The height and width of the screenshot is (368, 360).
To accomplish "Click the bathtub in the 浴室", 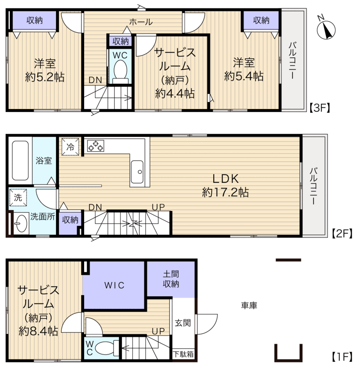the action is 20,161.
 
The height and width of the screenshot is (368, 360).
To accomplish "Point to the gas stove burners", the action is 96,146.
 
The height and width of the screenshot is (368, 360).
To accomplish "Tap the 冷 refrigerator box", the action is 70,147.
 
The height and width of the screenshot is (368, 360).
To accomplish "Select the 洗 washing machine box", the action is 18,197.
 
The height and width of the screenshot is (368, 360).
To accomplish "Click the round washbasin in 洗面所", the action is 21,224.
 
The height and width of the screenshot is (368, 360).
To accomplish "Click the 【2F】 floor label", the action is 342,234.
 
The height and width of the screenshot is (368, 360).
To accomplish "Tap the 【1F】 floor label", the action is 342,357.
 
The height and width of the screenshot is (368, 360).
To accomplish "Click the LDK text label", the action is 226,179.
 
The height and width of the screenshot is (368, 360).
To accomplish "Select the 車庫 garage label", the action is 249,305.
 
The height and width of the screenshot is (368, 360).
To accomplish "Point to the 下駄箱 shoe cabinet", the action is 183,354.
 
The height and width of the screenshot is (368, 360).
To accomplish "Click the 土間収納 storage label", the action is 171,279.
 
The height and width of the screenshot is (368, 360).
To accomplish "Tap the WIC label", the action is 114,285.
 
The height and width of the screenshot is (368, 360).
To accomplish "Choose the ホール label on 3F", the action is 141,22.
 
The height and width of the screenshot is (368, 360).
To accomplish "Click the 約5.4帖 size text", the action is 244,76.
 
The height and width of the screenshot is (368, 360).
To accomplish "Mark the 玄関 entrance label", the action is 183,323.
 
